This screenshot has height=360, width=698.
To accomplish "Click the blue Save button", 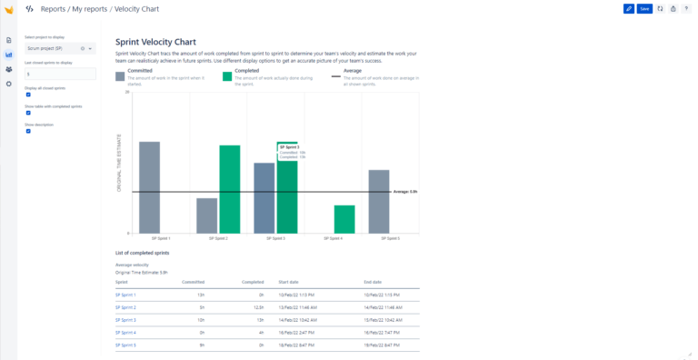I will [644, 8].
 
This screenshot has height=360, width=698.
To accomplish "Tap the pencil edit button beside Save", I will [629, 8].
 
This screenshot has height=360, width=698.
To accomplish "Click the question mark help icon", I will [686, 8].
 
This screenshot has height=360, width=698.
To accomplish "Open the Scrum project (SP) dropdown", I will [59, 47].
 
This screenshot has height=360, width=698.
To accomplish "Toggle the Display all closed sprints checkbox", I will [28, 94].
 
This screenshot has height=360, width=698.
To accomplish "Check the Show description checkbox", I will [28, 131].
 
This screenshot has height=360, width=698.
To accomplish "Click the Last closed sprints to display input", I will [59, 74].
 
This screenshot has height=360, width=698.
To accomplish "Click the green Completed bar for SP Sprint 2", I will [230, 188].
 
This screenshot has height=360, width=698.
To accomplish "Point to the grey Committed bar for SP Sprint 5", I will [379, 200].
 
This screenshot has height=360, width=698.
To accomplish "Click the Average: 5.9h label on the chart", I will [404, 192].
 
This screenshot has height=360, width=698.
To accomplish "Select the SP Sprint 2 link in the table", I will [125, 307].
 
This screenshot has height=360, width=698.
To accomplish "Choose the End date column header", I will [373, 282].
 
